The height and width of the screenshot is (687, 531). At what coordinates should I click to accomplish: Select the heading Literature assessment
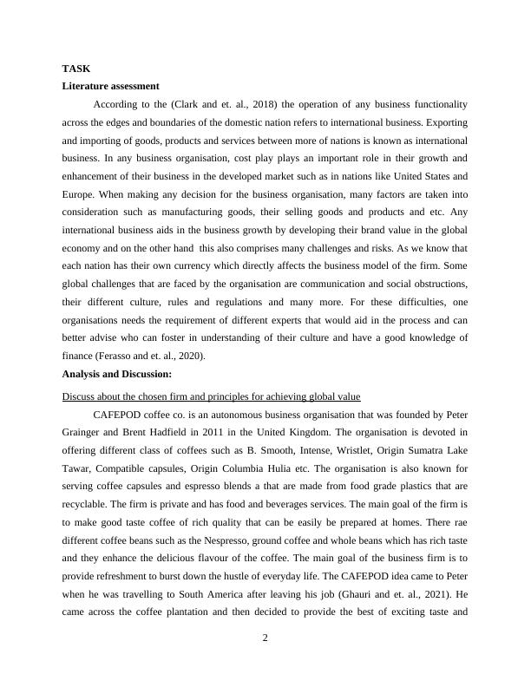(110, 86)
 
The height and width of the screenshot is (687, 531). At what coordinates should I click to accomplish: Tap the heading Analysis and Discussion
(117, 374)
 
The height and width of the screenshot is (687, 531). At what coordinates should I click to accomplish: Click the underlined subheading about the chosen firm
(211, 396)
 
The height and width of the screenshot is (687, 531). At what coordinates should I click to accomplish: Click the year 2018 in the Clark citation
(240, 104)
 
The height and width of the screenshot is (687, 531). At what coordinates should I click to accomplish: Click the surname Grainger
(82, 430)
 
